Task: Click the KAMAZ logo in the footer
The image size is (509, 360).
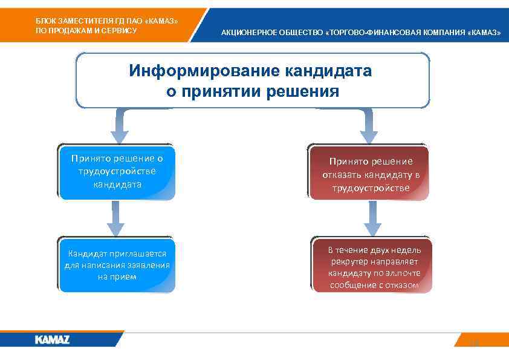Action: (52, 339)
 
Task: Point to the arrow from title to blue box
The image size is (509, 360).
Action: (118, 127)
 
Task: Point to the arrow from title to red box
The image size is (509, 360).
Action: (368, 127)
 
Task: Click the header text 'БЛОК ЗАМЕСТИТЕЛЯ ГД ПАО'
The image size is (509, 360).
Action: (106, 21)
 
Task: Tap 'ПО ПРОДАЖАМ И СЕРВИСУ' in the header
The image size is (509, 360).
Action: (86, 30)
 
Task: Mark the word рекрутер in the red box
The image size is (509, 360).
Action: (351, 261)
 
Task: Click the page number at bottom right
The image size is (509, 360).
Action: (475, 343)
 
